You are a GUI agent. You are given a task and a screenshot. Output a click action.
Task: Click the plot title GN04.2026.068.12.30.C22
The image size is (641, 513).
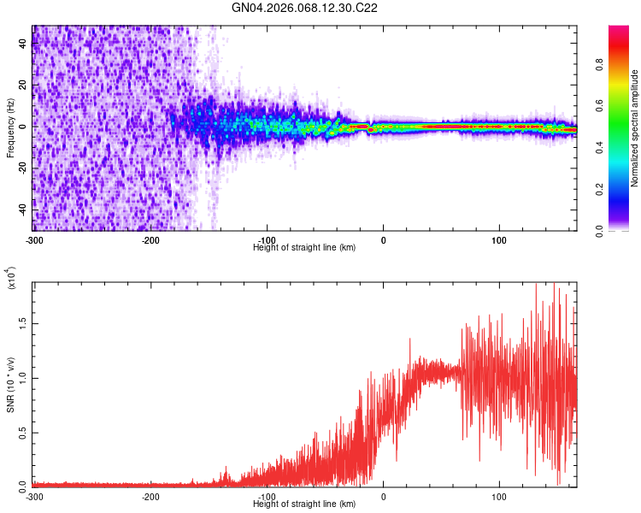pyautogui.click(x=305, y=8)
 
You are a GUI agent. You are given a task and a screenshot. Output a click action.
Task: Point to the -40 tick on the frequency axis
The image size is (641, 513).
pyautogui.click(x=21, y=209)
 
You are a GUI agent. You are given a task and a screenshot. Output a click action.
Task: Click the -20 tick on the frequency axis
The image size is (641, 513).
pyautogui.click(x=21, y=168)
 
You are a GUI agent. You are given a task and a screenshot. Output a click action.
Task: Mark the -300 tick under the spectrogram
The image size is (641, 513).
pyautogui.click(x=34, y=240)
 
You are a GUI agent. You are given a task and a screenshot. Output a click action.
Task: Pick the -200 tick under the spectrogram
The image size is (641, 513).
pyautogui.click(x=151, y=240)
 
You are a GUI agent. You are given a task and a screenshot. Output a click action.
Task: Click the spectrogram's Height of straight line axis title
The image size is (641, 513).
pyautogui.click(x=305, y=248)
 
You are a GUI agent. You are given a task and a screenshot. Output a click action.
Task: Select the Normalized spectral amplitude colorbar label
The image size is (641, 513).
pyautogui.click(x=635, y=127)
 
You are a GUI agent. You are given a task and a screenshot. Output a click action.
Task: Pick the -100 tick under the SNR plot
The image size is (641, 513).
pyautogui.click(x=268, y=497)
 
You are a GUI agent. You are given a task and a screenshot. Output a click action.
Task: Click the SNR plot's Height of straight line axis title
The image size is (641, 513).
pyautogui.click(x=305, y=504)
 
